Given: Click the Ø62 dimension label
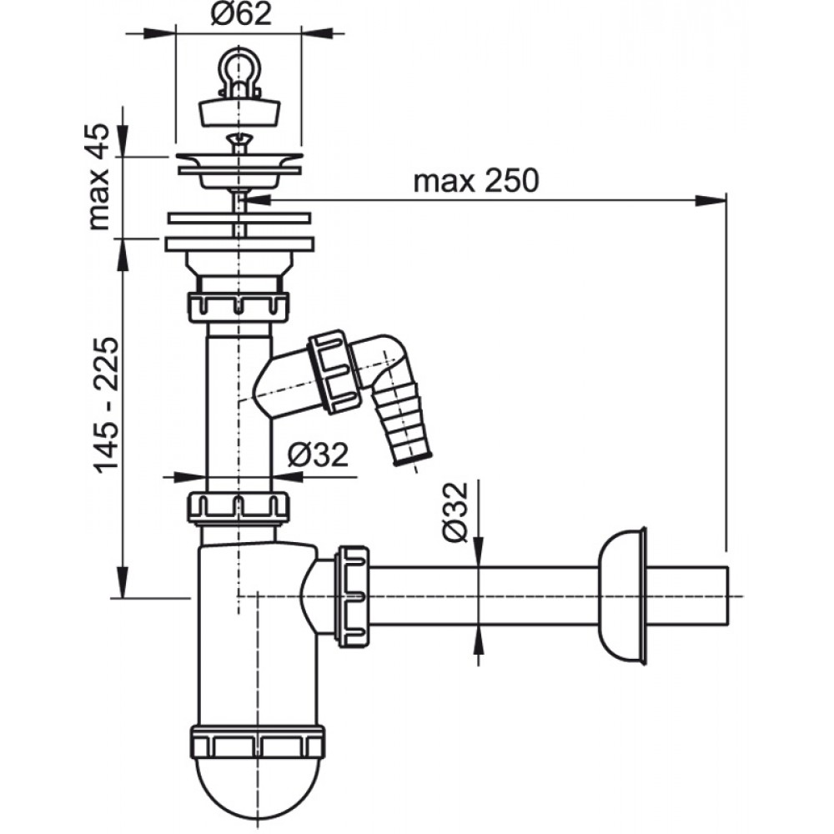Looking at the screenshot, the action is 241,14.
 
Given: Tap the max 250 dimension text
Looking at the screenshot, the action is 476,181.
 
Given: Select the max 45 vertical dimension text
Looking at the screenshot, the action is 98,177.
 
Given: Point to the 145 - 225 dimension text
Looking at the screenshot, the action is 106,405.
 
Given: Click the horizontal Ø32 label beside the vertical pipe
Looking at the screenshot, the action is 318,455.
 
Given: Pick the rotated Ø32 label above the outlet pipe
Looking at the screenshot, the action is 456,512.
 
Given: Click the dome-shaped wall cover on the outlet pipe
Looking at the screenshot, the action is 622,595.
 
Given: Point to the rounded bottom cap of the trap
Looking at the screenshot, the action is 257,787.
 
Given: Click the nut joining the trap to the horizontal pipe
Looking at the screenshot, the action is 352,595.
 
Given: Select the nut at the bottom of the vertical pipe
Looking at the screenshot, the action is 239,508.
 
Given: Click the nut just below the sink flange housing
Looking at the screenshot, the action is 239,307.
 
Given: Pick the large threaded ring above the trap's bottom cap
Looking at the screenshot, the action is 257,741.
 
